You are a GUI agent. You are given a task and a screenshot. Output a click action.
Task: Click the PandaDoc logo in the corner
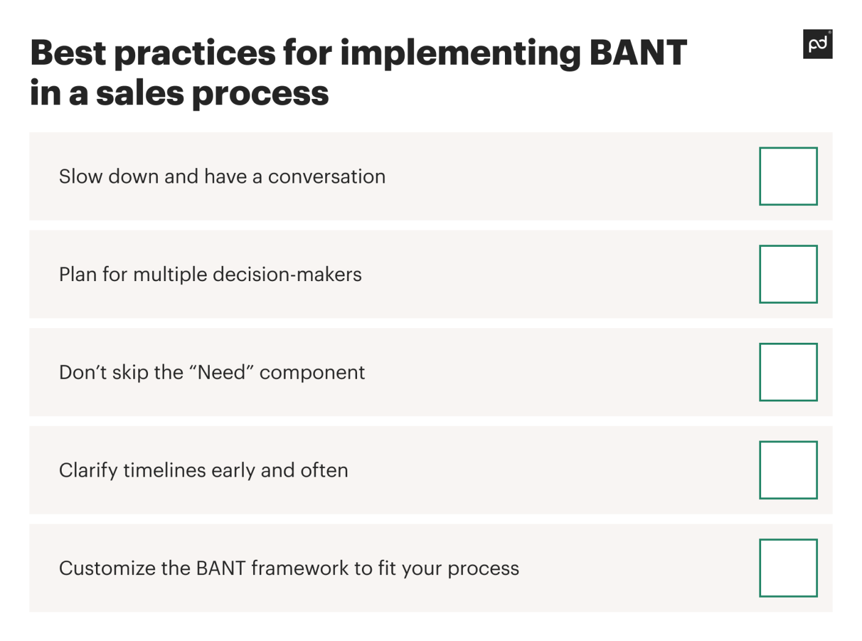click(x=817, y=44)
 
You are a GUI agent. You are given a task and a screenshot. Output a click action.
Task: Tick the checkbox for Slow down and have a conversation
click(x=787, y=176)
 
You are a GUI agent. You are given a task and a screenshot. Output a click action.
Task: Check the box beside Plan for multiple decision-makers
click(x=787, y=274)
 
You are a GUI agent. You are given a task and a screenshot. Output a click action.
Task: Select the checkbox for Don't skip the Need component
click(x=787, y=372)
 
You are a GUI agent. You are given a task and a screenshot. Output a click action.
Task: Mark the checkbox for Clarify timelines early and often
click(x=787, y=469)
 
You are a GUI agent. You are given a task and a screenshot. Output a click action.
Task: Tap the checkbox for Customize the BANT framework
click(x=787, y=568)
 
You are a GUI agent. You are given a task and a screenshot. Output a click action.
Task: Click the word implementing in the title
click(x=460, y=54)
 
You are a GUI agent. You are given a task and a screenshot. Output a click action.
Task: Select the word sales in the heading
click(x=140, y=93)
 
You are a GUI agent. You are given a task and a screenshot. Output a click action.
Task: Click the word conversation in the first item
click(x=326, y=177)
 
